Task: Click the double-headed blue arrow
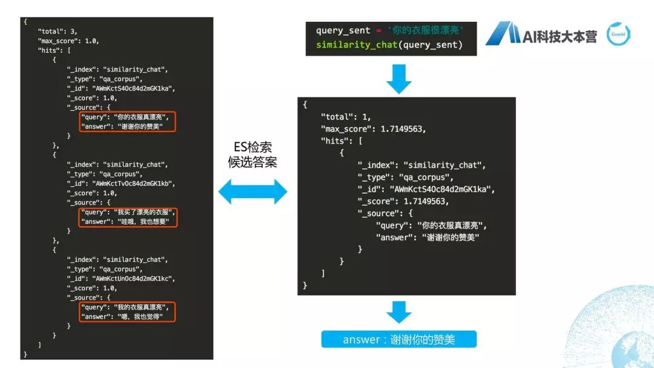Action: coord(252,192)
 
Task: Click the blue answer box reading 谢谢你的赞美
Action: coord(398,339)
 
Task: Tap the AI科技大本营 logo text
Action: coord(560,36)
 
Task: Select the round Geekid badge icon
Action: coord(618,34)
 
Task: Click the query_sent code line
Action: coord(389,31)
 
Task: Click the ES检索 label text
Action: coord(252,147)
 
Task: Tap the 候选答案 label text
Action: coord(252,162)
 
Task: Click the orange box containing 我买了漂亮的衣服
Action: coord(127,217)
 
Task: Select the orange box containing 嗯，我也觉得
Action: coord(127,312)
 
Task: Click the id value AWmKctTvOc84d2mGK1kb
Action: coord(134,183)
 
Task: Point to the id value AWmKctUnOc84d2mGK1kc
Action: coord(134,278)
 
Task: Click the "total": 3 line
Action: coord(58,31)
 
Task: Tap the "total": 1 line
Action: coord(345,116)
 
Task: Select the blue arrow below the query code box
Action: coord(398,79)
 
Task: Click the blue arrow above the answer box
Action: coord(398,312)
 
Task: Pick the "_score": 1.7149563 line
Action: coord(403,201)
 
